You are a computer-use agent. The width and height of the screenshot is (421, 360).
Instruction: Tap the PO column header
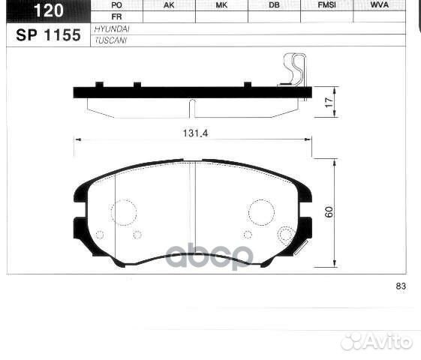pos(116,4)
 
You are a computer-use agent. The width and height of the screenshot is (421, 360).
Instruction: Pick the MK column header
pos(221,4)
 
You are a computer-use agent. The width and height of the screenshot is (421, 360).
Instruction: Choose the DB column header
pos(274,4)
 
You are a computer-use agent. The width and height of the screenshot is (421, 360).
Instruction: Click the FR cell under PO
pos(116,16)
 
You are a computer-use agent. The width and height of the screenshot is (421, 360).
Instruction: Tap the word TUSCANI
pos(109,40)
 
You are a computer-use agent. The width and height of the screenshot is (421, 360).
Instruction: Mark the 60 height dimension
pos(328,212)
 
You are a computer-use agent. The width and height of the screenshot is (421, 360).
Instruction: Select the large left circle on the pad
pos(124,211)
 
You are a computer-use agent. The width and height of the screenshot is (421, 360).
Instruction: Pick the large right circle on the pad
pos(261,211)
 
